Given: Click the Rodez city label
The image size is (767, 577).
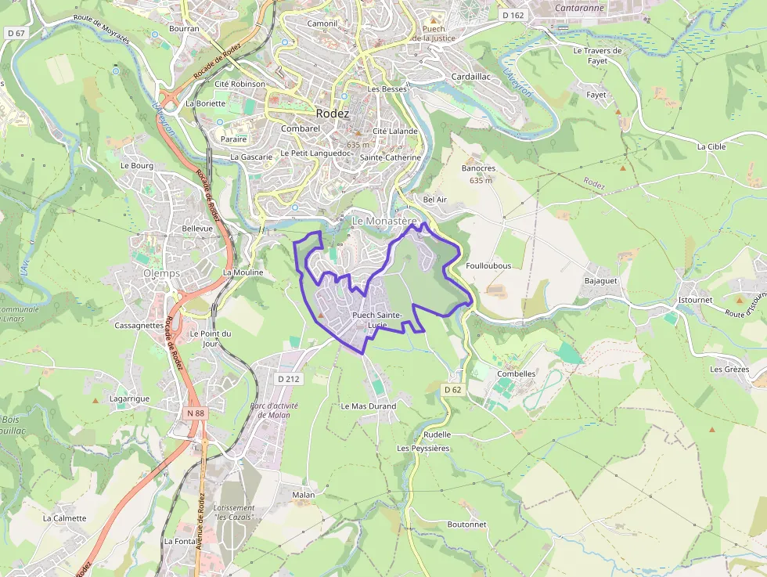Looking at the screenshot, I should [333, 114].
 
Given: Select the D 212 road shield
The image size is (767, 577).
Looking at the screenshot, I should [289, 379].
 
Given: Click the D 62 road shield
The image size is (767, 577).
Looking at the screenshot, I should [453, 389].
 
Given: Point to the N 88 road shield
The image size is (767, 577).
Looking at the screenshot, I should [196, 413].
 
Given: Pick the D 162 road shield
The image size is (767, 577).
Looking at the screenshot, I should [513, 15].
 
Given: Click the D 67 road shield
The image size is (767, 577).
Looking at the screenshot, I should [16, 33].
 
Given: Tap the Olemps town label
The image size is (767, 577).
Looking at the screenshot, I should [161, 273].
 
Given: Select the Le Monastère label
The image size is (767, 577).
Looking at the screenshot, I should [384, 222].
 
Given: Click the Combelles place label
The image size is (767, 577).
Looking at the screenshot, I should [517, 373].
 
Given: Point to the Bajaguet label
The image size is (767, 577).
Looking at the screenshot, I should [601, 280].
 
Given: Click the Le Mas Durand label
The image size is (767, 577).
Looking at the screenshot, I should [369, 406].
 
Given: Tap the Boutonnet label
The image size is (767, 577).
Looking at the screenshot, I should [466, 524].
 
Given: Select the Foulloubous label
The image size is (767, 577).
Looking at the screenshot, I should [488, 265].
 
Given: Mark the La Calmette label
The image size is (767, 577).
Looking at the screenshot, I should [65, 518].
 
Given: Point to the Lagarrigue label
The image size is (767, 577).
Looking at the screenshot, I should [129, 398].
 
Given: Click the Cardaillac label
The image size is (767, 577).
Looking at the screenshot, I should [471, 77].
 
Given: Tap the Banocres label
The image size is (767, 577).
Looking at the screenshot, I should [479, 168].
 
